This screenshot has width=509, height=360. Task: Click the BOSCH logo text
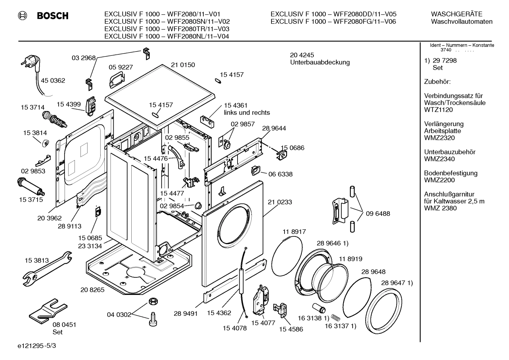(52, 16)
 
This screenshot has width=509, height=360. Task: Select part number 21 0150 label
(183, 65)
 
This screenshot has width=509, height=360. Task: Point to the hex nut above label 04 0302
(153, 301)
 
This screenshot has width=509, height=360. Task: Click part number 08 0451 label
(64, 325)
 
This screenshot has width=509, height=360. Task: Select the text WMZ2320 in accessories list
(439, 138)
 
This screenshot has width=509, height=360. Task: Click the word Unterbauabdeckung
(320, 63)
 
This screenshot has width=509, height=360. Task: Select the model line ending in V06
(333, 22)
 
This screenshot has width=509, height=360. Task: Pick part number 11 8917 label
(294, 232)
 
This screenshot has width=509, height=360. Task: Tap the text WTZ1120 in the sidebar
(438, 110)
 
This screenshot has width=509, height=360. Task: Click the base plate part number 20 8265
(92, 290)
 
